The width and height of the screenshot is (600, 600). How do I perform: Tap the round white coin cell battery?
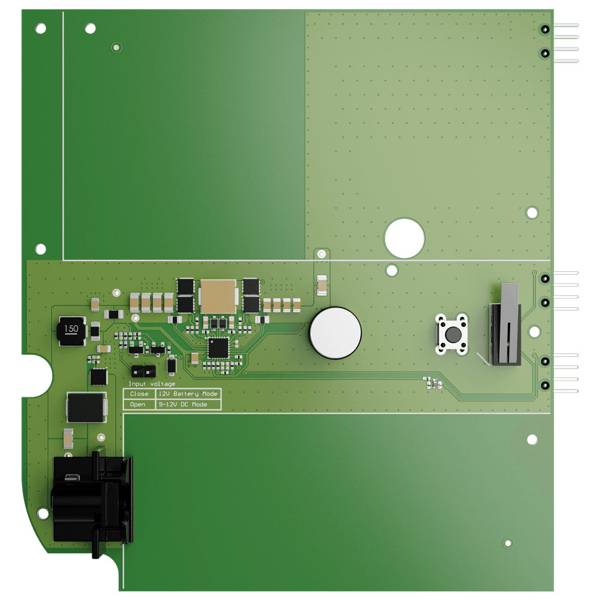[335, 333]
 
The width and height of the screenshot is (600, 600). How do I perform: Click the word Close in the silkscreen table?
[139, 394]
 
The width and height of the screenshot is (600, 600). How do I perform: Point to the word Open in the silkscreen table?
[137, 405]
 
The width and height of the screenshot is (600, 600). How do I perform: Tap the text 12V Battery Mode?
[188, 394]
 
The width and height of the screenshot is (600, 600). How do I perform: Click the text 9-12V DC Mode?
[182, 405]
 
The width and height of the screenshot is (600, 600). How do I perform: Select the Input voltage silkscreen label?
[152, 383]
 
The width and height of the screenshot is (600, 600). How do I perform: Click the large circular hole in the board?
[404, 238]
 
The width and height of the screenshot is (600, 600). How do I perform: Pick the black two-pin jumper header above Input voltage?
[142, 370]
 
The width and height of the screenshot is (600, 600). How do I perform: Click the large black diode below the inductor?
[86, 407]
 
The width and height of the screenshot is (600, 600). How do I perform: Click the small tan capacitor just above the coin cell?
[322, 284]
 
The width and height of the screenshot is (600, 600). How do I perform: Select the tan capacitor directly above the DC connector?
[68, 438]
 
